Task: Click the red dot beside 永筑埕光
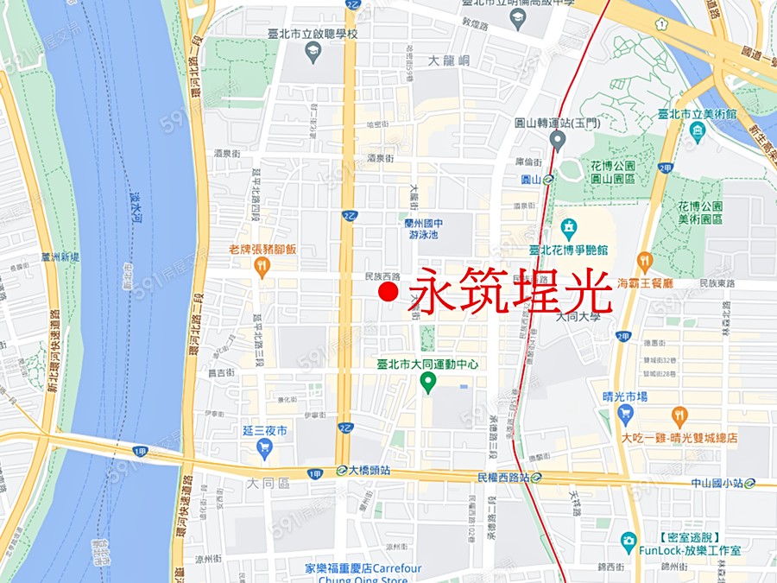coord(388,294)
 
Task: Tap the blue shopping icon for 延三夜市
coord(264,447)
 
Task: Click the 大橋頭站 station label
coord(370,471)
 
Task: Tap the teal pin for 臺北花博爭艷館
coord(569,229)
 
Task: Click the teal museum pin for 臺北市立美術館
coord(698,132)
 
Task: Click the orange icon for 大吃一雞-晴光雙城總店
coord(679,418)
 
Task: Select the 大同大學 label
coord(578,317)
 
